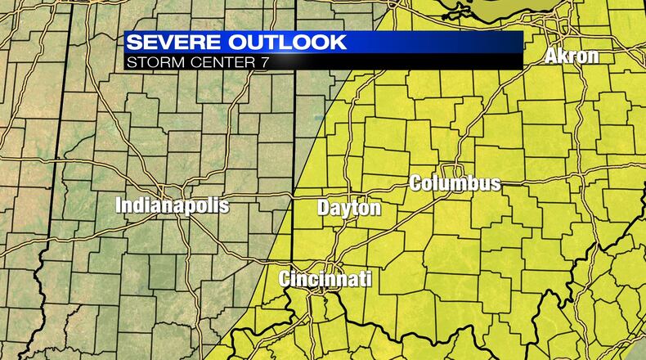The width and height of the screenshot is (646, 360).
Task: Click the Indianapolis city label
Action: (x=172, y=205)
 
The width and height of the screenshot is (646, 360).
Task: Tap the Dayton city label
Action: (x=349, y=209)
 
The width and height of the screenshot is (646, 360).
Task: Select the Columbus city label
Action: (x=455, y=183)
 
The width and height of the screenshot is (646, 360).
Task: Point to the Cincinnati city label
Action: (x=325, y=279)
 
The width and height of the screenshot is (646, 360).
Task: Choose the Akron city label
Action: (x=572, y=56)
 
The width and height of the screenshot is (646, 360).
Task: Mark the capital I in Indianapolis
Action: (x=119, y=205)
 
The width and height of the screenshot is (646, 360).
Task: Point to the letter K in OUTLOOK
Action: (x=335, y=43)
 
